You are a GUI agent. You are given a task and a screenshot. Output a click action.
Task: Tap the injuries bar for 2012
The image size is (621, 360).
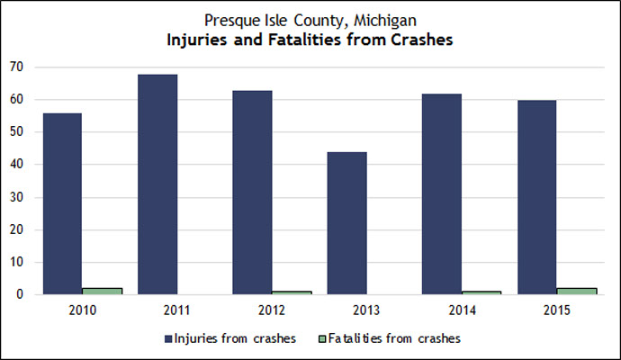coord(252,193)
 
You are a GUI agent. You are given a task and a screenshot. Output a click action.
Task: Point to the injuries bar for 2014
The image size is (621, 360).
coord(442,194)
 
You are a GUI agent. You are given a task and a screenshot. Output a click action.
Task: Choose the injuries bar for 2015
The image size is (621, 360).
coord(536,197)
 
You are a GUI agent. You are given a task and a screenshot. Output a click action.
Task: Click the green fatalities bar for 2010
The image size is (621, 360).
coord(102,291)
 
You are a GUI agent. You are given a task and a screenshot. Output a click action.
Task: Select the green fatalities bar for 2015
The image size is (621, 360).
coord(577,291)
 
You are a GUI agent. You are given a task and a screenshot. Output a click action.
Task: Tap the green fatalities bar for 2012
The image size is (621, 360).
coord(292,292)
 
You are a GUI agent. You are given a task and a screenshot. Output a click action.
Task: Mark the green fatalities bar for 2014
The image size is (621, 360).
coord(482,292)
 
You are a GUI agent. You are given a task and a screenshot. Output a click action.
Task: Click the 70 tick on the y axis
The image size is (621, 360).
coord(17,67)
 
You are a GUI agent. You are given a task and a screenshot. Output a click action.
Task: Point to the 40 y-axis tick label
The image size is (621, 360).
coord(17,165)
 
